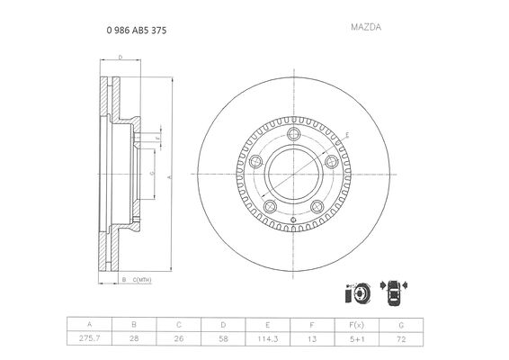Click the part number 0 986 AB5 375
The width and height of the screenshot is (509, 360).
(137, 31)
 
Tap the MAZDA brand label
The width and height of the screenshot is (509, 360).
(366, 27)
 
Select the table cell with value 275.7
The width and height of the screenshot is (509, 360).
(89, 338)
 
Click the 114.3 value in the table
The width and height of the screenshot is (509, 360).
(267, 339)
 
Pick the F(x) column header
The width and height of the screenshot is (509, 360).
(356, 325)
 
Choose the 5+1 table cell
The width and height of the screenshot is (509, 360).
(357, 339)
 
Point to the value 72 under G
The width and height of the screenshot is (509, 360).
(401, 339)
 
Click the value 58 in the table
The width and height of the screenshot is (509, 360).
(223, 339)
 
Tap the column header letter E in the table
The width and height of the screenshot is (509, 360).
(267, 325)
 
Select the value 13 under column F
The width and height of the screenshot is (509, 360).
(312, 339)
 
